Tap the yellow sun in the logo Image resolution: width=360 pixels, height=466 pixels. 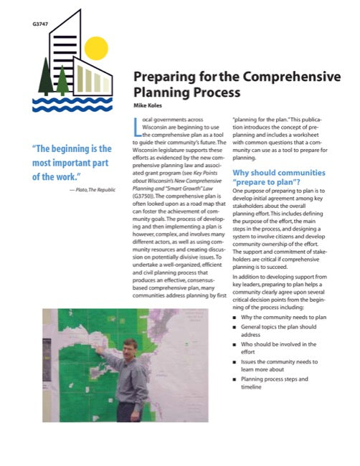pyautogui.click(x=95, y=49)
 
